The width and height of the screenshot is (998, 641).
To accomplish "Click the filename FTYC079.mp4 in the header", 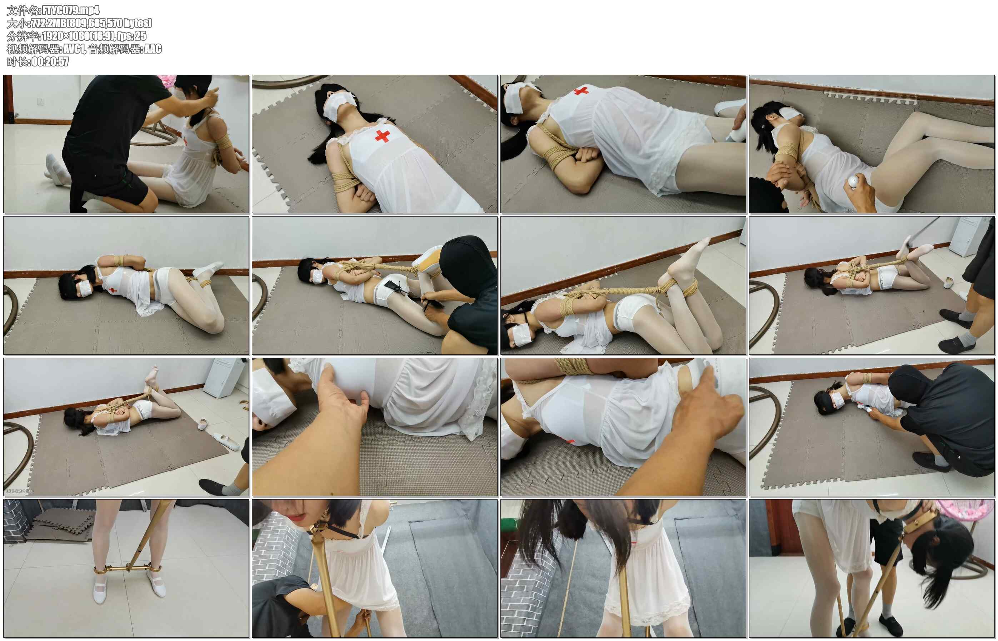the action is pyautogui.click(x=70, y=10).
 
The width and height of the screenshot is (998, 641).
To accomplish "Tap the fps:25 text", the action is pyautogui.click(x=132, y=36).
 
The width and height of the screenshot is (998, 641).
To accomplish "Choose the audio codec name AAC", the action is pyautogui.click(x=152, y=49).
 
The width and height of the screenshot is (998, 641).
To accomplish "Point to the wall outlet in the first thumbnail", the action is pyautogui.click(x=40, y=101).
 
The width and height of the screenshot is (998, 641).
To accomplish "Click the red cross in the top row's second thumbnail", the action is pyautogui.click(x=382, y=136).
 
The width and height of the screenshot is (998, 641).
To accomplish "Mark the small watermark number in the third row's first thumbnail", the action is pyautogui.click(x=20, y=491).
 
